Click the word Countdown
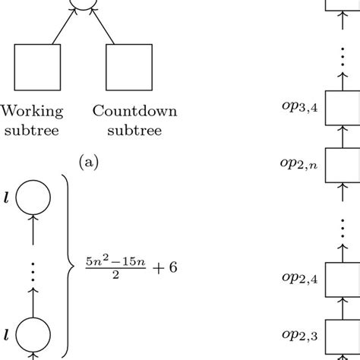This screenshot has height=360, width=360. click(x=135, y=112)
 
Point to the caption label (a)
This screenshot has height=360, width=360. click(x=90, y=161)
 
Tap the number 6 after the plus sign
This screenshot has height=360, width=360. click(x=171, y=267)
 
